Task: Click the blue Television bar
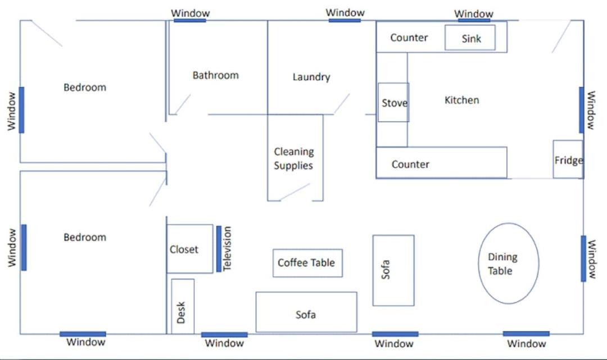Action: pyautogui.click(x=219, y=249)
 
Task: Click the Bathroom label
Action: pyautogui.click(x=216, y=75)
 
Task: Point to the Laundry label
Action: pyautogui.click(x=311, y=77)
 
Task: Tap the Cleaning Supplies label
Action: pyautogui.click(x=294, y=158)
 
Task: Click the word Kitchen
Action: pyautogui.click(x=462, y=100)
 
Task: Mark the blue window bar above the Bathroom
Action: pyautogui.click(x=190, y=20)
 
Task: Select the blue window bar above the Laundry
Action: pyautogui.click(x=345, y=20)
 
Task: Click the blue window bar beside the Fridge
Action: pyautogui.click(x=582, y=110)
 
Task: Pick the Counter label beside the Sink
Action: pyautogui.click(x=409, y=38)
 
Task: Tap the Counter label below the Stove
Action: pyautogui.click(x=410, y=165)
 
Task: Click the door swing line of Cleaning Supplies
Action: pyautogui.click(x=295, y=192)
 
